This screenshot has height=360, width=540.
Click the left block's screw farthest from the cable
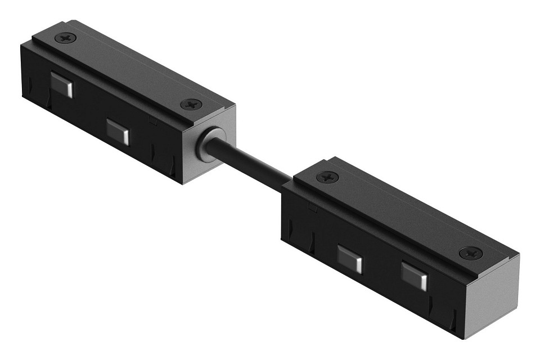(66, 38)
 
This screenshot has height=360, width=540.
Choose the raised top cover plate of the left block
(129, 70)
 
